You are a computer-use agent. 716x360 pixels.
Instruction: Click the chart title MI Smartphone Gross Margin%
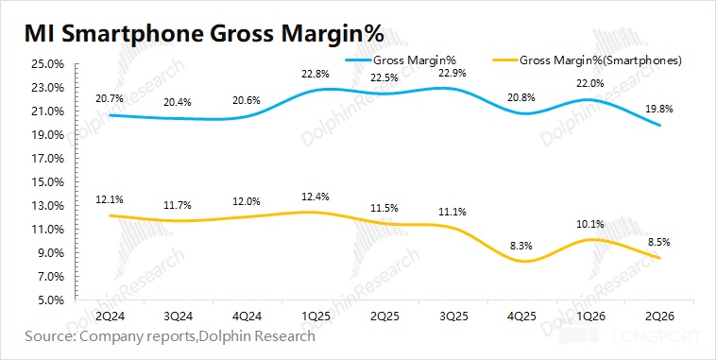click(204, 35)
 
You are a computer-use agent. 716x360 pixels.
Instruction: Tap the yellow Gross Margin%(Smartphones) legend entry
click(587, 60)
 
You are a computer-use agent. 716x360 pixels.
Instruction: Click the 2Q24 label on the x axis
click(110, 316)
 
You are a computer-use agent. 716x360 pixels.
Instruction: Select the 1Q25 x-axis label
click(316, 316)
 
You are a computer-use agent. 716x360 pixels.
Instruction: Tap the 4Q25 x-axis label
click(522, 316)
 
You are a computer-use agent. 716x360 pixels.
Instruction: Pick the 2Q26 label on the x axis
click(659, 316)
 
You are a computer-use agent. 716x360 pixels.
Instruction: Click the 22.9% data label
click(452, 73)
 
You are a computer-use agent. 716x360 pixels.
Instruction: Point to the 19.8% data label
click(659, 110)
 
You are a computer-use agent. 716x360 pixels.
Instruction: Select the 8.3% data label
click(521, 246)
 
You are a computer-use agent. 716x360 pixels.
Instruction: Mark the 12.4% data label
click(315, 197)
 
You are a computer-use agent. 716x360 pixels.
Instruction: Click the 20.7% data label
click(110, 97)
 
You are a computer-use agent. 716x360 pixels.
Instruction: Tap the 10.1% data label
click(590, 224)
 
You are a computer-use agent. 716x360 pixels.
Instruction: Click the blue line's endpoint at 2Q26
click(659, 125)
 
